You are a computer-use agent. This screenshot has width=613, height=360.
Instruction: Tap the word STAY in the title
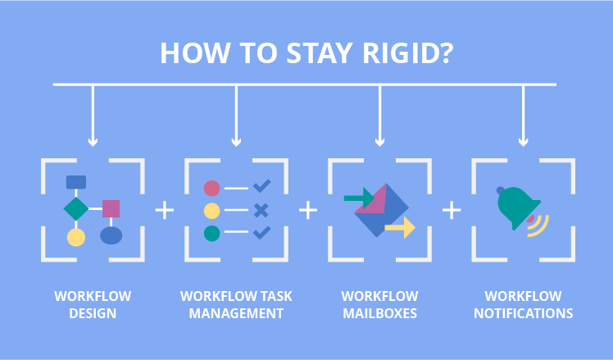(x=319, y=53)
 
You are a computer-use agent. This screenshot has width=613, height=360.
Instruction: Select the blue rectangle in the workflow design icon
(x=76, y=182)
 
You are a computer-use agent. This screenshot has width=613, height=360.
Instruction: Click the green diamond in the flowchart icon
(x=76, y=208)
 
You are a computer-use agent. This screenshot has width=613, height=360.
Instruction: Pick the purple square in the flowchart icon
(x=111, y=208)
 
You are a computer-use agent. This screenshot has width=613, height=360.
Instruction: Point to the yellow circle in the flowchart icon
(x=76, y=237)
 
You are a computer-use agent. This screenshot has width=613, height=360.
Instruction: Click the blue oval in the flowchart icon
(x=111, y=235)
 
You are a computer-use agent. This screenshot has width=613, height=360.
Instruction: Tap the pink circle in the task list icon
(x=212, y=189)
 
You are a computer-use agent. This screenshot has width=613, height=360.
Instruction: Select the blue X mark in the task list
(x=261, y=211)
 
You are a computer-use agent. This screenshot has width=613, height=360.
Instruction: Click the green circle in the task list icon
(x=212, y=233)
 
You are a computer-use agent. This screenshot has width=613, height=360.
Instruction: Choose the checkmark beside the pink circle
(x=261, y=186)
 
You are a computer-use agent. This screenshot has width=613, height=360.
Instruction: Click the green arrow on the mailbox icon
(x=359, y=198)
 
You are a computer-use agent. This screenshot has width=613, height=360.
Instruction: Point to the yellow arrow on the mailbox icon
(x=400, y=227)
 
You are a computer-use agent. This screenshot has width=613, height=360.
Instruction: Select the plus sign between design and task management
(x=165, y=210)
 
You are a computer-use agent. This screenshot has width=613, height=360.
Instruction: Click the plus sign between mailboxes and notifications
(x=452, y=210)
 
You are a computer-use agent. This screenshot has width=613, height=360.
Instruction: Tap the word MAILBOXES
(x=379, y=313)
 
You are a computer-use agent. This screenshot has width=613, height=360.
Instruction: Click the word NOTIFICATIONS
(x=523, y=313)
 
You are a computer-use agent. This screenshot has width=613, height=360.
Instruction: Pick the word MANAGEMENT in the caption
(x=236, y=313)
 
